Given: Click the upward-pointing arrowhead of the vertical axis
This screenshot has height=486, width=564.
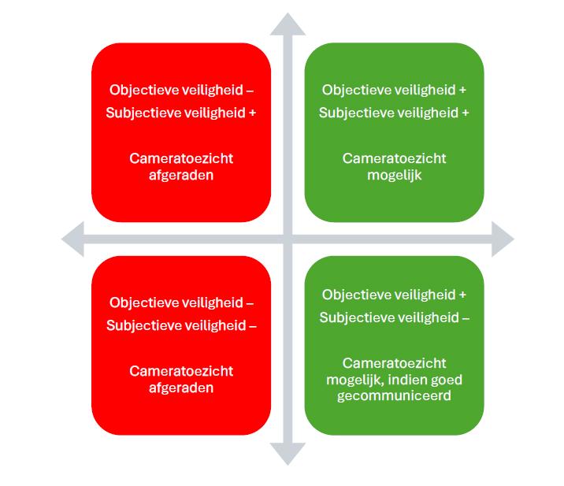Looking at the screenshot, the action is click(x=288, y=24).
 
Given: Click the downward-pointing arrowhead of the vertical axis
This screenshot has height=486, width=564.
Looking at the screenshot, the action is click(x=288, y=454).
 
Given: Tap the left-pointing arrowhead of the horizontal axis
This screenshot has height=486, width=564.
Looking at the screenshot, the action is click(x=73, y=239).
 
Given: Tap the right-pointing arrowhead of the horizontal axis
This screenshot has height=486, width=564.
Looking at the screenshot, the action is click(x=503, y=239).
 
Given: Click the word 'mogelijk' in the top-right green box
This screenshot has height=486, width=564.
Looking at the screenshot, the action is click(x=394, y=175).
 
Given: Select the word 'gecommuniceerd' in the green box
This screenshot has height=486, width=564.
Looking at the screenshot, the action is click(x=394, y=395).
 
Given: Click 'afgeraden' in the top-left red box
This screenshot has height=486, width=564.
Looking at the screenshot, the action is click(x=181, y=175).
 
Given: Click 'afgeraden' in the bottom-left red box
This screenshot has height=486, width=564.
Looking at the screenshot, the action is click(x=181, y=388).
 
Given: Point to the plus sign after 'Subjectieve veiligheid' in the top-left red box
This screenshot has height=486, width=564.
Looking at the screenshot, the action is click(x=253, y=113).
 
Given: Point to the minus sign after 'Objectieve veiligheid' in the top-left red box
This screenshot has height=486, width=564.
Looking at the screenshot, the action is click(x=250, y=91).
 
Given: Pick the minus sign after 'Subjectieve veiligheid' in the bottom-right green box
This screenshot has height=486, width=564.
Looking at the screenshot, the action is click(x=466, y=318).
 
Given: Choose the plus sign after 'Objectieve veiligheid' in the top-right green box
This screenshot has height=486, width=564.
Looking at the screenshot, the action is click(x=462, y=90).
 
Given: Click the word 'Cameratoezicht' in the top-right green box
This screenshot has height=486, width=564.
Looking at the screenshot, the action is click(x=394, y=158).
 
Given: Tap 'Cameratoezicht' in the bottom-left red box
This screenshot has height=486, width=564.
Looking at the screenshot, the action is click(x=181, y=371).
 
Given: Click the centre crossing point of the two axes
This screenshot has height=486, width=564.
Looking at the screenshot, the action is click(x=288, y=239).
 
